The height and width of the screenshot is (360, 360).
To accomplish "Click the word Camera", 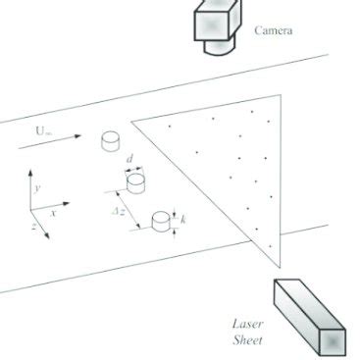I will pos(274,30).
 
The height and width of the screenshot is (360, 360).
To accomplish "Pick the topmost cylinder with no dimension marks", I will pos(110,142).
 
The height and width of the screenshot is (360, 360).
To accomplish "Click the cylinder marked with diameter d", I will pos(135,182).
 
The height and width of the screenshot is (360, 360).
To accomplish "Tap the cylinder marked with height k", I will pos(160,222).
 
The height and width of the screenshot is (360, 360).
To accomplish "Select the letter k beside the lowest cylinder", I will pos(183,220).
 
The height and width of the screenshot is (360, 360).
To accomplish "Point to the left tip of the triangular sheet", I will pos(133,121).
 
